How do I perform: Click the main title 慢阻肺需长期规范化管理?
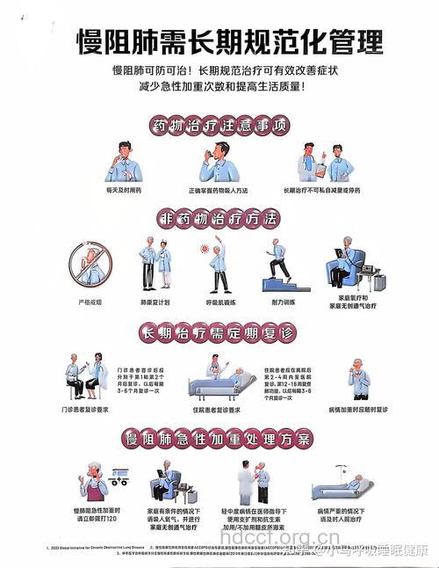click(x=219, y=41)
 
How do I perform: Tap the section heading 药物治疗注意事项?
click(x=219, y=125)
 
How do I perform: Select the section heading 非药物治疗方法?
click(x=219, y=217)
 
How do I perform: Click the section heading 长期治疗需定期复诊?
click(x=219, y=333)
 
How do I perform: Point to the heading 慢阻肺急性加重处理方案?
click(x=219, y=438)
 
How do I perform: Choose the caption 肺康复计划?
click(x=153, y=301)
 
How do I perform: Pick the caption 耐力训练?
click(x=282, y=301)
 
